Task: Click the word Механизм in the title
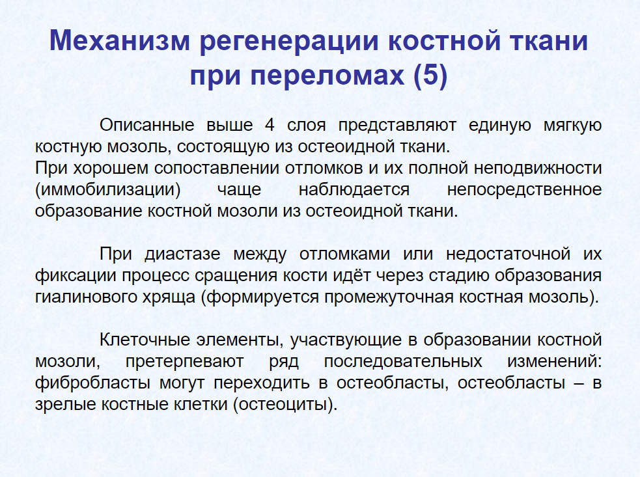pos(120,41)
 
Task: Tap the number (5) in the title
pos(430,76)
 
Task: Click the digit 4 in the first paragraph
pos(270,125)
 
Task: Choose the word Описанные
pos(147,125)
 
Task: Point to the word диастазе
pos(182,254)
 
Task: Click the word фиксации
pos(76,276)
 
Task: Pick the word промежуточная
pos(389,297)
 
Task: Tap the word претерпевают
pos(184,362)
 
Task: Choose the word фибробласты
pos(92,383)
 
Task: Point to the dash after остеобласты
pos(579,383)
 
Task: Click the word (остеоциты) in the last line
pos(285,405)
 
